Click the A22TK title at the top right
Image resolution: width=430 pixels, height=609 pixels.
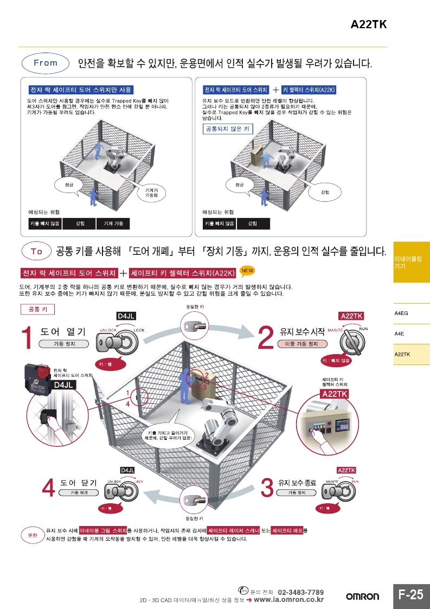tap(368, 24)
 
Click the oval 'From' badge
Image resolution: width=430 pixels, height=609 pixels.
tap(46, 63)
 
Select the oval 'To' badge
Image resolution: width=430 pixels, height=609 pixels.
tap(36, 251)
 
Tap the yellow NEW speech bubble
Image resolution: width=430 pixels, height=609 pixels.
tap(247, 270)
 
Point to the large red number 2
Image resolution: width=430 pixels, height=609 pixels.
tap(265, 337)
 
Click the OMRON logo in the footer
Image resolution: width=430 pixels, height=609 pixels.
tap(363, 597)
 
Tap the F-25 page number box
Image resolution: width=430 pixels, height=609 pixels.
tap(410, 594)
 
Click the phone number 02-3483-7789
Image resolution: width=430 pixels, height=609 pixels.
tap(301, 592)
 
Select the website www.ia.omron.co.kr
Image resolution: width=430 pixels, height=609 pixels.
tap(288, 599)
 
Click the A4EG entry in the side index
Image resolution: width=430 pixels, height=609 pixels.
tap(401, 313)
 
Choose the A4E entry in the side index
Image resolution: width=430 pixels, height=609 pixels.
tap(399, 334)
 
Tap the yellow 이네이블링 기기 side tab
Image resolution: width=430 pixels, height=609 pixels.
tap(411, 262)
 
